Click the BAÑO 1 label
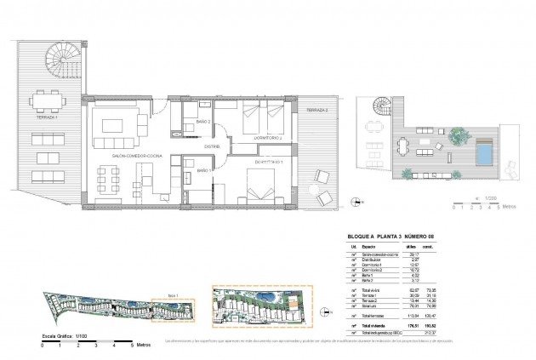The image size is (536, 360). coord(203,170)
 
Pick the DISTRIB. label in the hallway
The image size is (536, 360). coord(211,146)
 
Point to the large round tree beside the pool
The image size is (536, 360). coord(458,134)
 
